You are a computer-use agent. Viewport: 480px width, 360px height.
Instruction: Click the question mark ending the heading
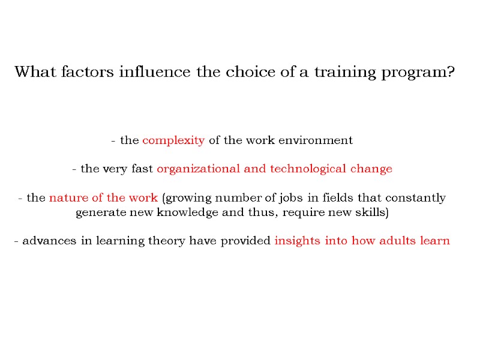[451, 73]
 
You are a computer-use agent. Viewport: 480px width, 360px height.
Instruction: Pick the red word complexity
[173, 141]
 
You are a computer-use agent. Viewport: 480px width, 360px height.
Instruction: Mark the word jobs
[290, 198]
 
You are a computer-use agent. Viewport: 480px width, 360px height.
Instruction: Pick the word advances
[46, 241]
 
